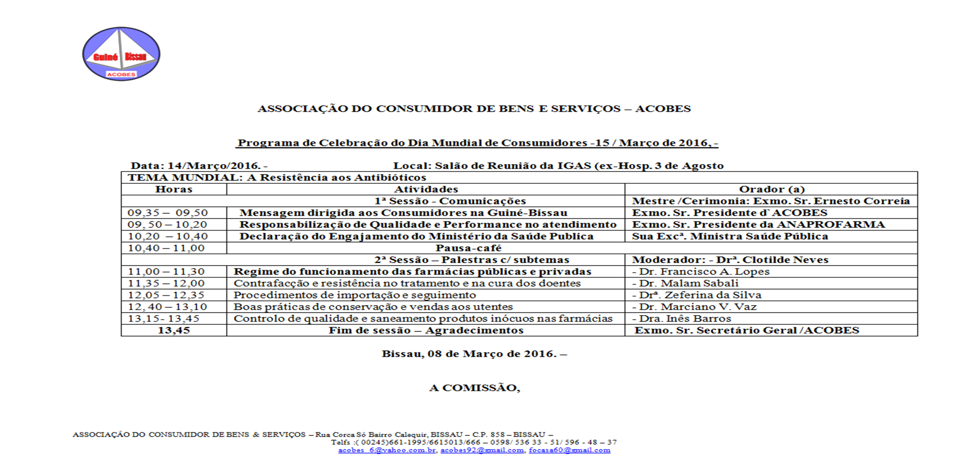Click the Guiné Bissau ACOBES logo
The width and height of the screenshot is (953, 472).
point(121,54)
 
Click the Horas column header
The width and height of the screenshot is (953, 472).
point(174,189)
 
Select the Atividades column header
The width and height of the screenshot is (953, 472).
point(426,189)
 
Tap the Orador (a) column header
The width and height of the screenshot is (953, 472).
point(772,189)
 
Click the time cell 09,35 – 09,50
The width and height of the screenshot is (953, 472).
point(168,213)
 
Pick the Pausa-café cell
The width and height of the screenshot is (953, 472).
point(468,248)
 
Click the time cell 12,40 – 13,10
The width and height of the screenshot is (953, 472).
point(167,307)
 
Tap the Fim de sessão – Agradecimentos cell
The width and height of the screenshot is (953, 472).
point(426,330)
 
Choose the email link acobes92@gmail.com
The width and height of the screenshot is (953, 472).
point(482,450)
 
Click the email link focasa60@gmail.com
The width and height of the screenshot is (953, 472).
point(569,450)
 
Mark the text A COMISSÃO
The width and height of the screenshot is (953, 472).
point(474,388)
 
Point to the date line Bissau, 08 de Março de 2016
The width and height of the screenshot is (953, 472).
point(474,354)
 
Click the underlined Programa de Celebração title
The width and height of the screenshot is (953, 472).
point(478,143)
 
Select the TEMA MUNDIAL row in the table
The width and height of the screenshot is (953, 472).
point(277,178)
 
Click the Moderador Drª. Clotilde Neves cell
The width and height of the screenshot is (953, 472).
point(730,260)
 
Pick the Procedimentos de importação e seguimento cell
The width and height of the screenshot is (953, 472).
point(355,295)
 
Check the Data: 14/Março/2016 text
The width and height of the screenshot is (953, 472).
point(199,166)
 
